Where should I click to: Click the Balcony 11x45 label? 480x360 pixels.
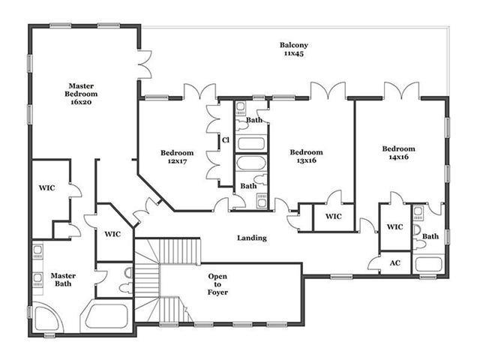(x=293, y=49)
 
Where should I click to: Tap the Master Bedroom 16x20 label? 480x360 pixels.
(x=81, y=94)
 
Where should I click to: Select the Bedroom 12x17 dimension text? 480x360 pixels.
(x=177, y=161)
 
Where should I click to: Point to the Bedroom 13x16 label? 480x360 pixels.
(x=307, y=156)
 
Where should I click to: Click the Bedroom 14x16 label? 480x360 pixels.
(x=398, y=153)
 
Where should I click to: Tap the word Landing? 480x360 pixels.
(x=252, y=238)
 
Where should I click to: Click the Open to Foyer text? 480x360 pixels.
(x=217, y=284)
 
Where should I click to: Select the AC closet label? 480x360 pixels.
(x=395, y=263)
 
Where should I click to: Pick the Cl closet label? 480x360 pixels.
(x=226, y=140)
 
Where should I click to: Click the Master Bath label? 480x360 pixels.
(x=63, y=280)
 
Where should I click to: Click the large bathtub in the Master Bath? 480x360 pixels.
(x=106, y=316)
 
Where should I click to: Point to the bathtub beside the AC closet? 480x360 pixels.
(x=428, y=264)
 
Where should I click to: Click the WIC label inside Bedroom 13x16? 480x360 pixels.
(x=333, y=217)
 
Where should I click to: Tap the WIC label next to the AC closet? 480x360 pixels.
(x=395, y=226)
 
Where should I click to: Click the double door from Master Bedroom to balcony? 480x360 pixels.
(x=145, y=64)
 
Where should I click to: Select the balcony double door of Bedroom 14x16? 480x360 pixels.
(x=402, y=90)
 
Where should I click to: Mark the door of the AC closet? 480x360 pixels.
(x=374, y=264)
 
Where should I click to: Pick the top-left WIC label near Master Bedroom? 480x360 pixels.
(x=46, y=187)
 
